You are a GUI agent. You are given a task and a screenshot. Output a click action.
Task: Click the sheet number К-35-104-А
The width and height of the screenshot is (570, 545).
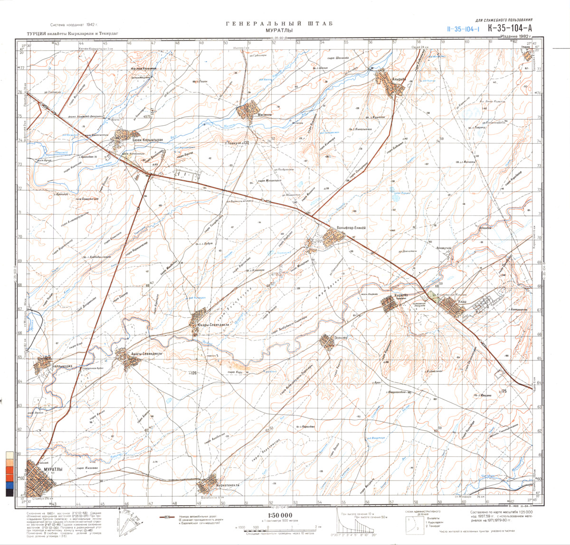[509, 28]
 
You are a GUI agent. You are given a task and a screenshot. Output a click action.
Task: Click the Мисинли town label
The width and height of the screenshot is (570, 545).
[252, 120]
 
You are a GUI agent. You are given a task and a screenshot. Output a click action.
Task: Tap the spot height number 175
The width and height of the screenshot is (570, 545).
[504, 391]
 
